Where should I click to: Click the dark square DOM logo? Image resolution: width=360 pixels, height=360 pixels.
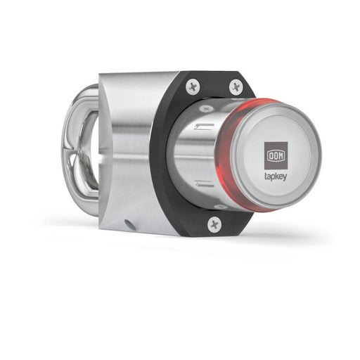[274, 154]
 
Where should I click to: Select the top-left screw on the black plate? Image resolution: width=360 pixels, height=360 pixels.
[193, 87]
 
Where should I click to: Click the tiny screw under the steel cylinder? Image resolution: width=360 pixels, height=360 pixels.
[219, 207]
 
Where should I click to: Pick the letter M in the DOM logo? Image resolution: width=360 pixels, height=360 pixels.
[280, 154]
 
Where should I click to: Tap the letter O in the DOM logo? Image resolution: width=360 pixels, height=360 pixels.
[274, 154]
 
